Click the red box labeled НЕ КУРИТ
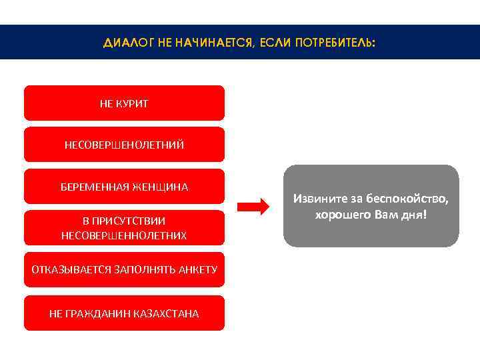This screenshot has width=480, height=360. [124, 103]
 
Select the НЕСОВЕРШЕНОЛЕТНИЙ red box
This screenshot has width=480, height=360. [124, 145]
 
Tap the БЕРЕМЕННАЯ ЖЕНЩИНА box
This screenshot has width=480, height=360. [124, 187]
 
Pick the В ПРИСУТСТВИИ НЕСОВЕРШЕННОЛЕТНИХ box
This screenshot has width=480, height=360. [124, 228]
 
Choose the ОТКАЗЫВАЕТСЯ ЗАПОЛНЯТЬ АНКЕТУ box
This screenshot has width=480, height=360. [124, 269]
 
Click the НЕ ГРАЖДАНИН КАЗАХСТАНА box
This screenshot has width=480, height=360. [124, 313]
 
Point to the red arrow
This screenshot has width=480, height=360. [253, 207]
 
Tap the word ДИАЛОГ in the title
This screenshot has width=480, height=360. [125, 43]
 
